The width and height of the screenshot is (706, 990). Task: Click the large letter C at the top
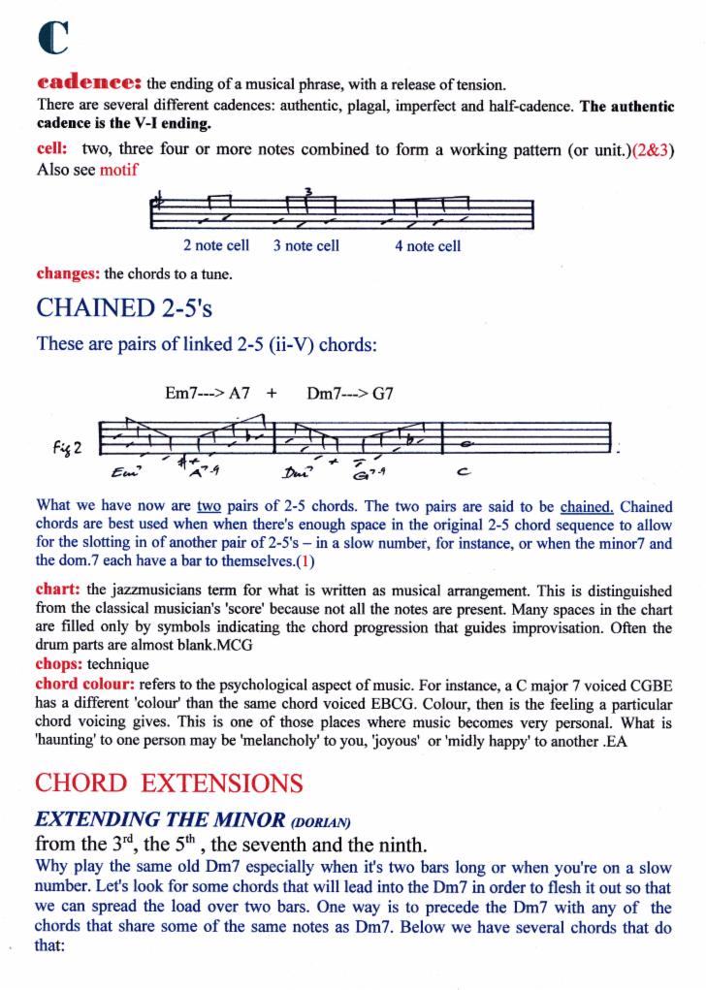tap(53, 37)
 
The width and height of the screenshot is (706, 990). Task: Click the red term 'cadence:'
tap(90, 81)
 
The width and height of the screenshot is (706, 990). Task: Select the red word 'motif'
tap(118, 170)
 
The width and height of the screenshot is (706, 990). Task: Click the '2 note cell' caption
tap(215, 245)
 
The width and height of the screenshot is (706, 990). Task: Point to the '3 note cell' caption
tap(305, 245)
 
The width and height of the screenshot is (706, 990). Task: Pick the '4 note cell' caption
tap(427, 245)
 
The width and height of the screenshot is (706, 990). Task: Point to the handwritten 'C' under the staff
tap(464, 474)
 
